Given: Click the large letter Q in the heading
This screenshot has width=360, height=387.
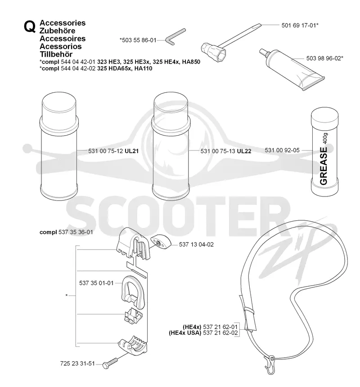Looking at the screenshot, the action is tap(30, 27).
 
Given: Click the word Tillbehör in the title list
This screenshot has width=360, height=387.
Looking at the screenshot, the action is tap(56, 55).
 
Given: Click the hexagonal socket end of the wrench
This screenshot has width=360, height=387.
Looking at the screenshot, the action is tap(214, 51).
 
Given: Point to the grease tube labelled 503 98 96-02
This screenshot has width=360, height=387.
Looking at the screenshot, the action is tap(292, 69).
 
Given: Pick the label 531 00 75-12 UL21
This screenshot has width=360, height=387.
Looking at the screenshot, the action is tap(113, 151).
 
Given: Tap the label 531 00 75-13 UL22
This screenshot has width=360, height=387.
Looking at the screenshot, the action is tap(225, 151).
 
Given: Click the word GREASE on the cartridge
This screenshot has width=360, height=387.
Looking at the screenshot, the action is tap(323, 166).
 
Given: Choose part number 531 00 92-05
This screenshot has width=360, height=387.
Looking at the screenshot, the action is tap(282, 150).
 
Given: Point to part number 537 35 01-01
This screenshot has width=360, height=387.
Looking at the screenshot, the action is tap(96, 283).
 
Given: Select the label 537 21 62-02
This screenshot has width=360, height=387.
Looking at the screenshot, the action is tap(220, 332).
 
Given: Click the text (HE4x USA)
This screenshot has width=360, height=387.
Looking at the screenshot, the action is tap(185, 332).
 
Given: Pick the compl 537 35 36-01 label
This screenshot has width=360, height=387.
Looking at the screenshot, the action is tap(66, 232).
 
